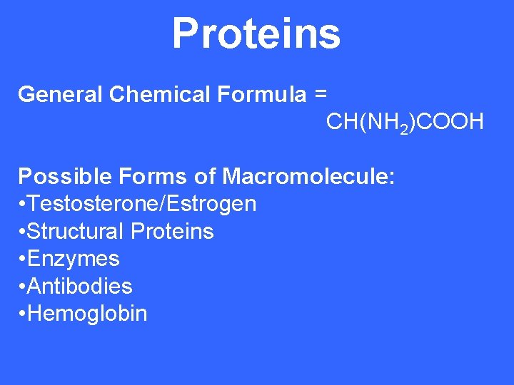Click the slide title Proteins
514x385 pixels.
[256, 34]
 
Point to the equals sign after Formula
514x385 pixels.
[321, 94]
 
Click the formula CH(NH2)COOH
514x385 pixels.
[405, 122]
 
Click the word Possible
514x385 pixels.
[61, 176]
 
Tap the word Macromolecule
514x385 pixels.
[308, 176]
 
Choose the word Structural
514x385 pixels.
[77, 231]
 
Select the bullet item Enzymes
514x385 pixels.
[74, 258]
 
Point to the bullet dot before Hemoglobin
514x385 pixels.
[23, 314]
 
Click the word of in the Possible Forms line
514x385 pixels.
[205, 176]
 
